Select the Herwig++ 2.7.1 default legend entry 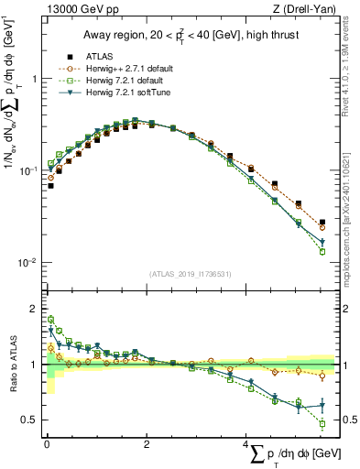point(117,68)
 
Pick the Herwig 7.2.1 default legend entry point(115,80)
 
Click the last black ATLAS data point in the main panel point(322,222)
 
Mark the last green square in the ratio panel point(322,423)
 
